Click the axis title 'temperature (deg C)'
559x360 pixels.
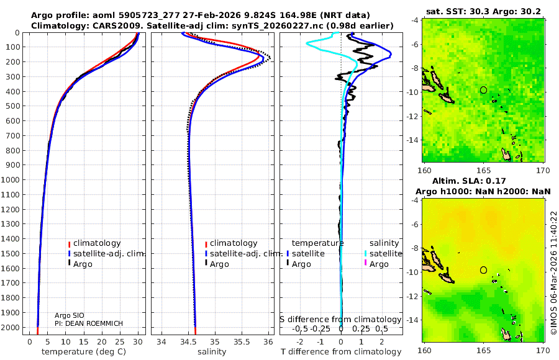click(x=83, y=352)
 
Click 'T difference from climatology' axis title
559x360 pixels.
click(x=341, y=352)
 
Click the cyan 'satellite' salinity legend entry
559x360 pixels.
click(x=386, y=254)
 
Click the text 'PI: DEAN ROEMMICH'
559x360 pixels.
click(x=88, y=324)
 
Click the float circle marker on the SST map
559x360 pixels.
click(x=483, y=90)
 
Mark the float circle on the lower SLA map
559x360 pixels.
click(x=483, y=270)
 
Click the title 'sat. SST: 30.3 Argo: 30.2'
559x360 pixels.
click(x=483, y=11)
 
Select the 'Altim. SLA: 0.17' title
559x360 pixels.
click(x=483, y=181)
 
